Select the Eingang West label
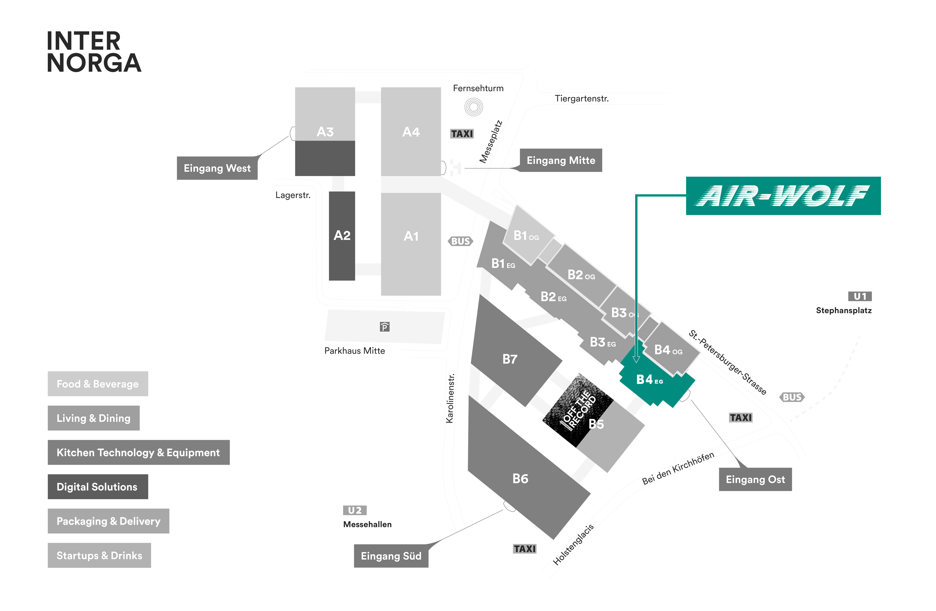[217, 168]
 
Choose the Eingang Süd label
[391, 556]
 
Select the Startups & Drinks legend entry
[99, 555]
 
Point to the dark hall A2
[342, 236]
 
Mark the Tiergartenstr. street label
[581, 99]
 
